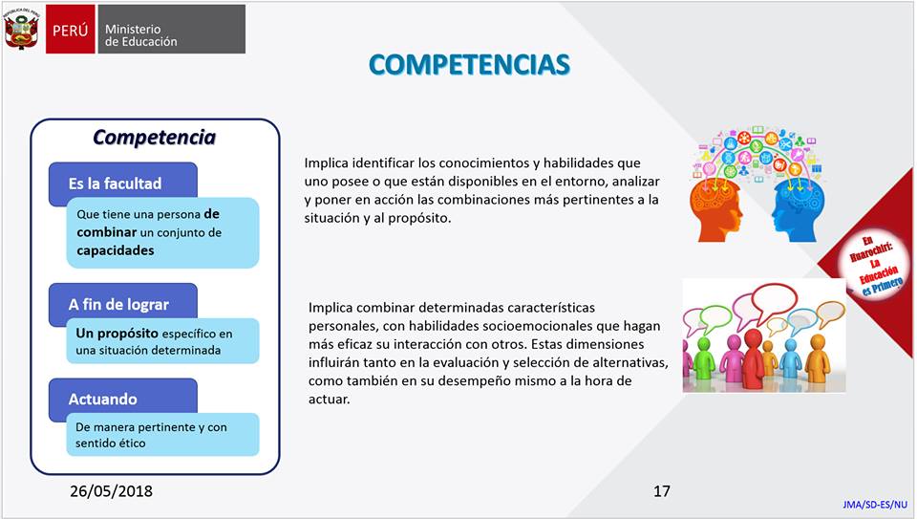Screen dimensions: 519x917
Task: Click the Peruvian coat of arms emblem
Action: [21, 30]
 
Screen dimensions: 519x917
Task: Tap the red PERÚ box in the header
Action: [71, 30]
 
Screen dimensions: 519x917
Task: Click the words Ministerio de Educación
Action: [141, 35]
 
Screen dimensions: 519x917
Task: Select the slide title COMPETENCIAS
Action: [469, 64]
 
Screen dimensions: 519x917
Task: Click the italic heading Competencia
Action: [154, 137]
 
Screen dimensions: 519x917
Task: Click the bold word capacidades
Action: [116, 250]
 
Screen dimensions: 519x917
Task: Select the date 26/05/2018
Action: [111, 491]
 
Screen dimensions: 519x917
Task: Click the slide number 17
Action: [662, 491]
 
